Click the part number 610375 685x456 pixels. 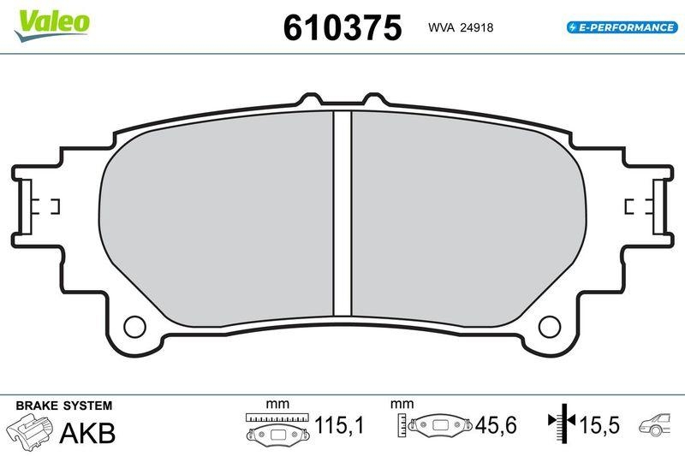click(342, 28)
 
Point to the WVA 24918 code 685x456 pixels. click(461, 27)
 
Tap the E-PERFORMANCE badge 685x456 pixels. click(621, 27)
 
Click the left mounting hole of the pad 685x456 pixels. click(134, 325)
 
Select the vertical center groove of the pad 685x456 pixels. click(342, 214)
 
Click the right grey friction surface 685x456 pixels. click(467, 222)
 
